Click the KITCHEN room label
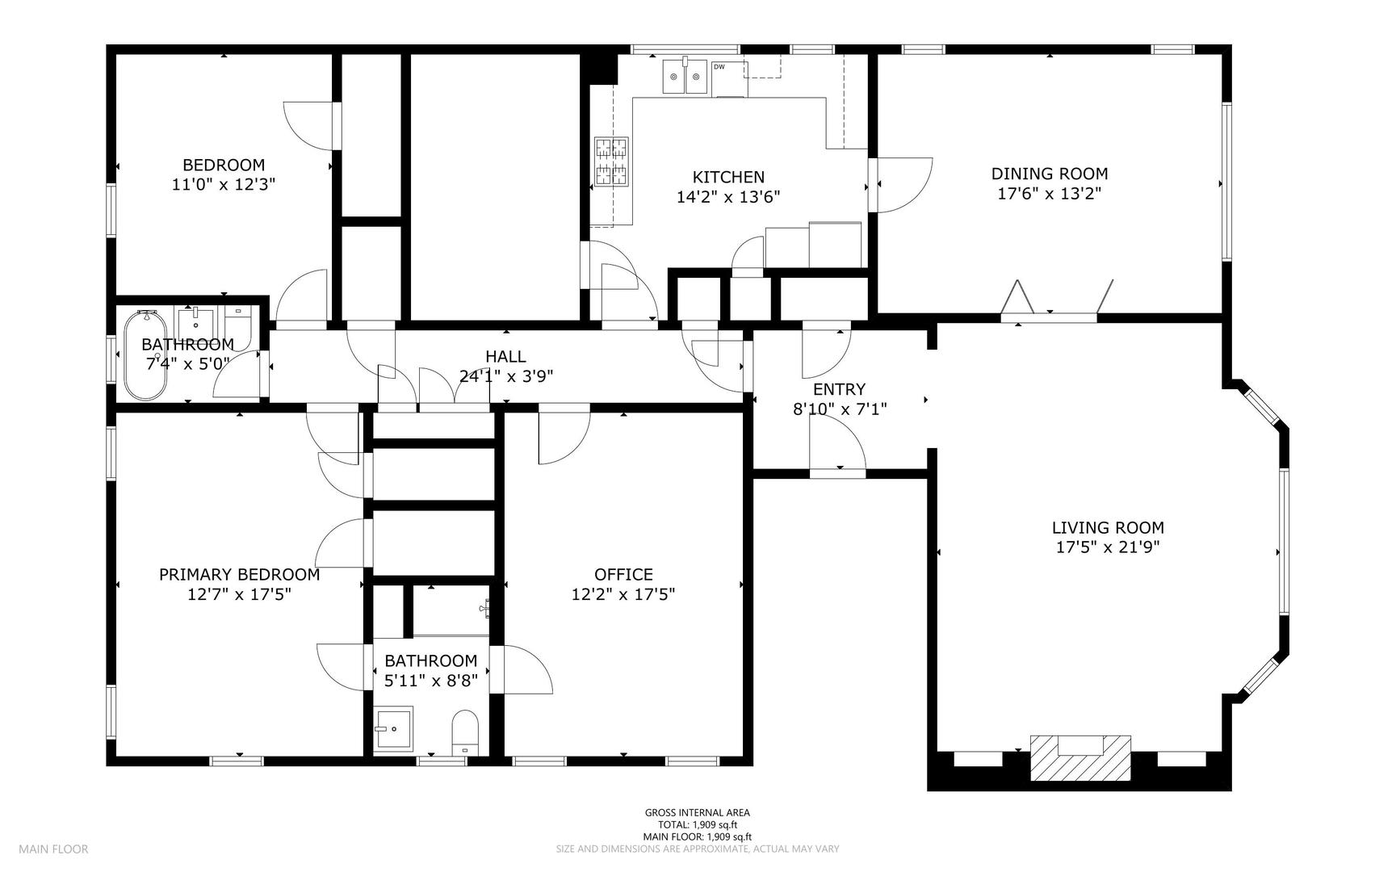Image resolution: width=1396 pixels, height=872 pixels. click(728, 177)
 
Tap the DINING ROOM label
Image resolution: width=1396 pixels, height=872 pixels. click(1050, 174)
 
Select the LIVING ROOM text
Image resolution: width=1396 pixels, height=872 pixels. click(1108, 528)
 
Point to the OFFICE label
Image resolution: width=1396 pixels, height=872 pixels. click(623, 575)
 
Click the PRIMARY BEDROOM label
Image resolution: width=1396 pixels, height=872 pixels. click(239, 575)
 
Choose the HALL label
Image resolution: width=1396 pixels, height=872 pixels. click(505, 356)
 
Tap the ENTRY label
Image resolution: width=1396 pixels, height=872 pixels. click(839, 389)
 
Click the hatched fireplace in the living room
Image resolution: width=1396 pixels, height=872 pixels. click(1080, 757)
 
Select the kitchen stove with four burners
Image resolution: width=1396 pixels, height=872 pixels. click(611, 161)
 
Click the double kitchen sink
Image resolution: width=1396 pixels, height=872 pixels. click(685, 78)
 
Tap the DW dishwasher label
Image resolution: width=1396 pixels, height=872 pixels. click(719, 66)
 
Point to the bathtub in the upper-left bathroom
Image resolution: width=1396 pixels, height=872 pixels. click(145, 355)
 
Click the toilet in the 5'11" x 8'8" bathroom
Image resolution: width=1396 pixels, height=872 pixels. click(465, 733)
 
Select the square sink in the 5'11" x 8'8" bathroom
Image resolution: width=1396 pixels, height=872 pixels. click(394, 730)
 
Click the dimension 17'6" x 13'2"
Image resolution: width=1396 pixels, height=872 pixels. click(1050, 194)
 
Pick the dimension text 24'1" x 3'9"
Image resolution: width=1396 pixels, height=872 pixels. click(505, 376)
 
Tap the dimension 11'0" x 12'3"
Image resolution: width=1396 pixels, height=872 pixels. click(224, 184)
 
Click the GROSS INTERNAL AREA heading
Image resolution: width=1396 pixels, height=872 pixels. click(697, 813)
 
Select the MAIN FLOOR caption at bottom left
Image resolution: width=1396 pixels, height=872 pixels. click(53, 849)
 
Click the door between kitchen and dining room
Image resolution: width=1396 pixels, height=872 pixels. click(902, 185)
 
